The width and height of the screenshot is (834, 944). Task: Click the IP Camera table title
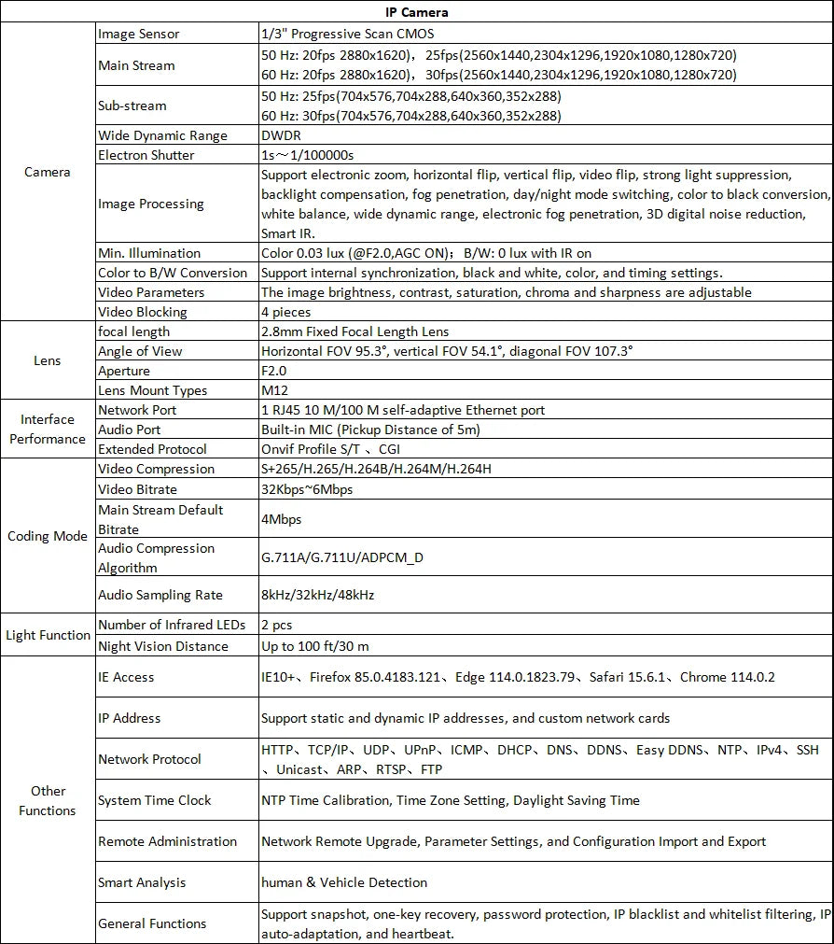point(416,12)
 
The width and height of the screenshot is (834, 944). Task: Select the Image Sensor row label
point(139,34)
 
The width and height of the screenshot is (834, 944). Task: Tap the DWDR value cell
point(282,135)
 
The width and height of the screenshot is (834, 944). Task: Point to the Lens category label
point(48,360)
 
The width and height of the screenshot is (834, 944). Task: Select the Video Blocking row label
point(143,312)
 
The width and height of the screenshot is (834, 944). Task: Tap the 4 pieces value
point(286,312)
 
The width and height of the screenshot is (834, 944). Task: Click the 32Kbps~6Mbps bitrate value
point(307,489)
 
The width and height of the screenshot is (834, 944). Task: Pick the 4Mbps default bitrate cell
point(282,519)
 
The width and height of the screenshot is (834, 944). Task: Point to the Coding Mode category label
point(48,536)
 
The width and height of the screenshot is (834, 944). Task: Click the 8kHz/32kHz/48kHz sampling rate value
point(318,595)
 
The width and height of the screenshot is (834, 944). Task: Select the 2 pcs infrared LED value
point(277,625)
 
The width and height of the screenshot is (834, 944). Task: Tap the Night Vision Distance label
point(163,646)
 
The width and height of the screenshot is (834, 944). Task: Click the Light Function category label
point(48,635)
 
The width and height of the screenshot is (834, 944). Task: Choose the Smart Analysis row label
point(142,882)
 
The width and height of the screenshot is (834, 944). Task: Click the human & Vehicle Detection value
point(344,882)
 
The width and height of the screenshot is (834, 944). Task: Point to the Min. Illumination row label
point(149,253)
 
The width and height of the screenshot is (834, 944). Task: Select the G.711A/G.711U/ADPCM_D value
point(342,557)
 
